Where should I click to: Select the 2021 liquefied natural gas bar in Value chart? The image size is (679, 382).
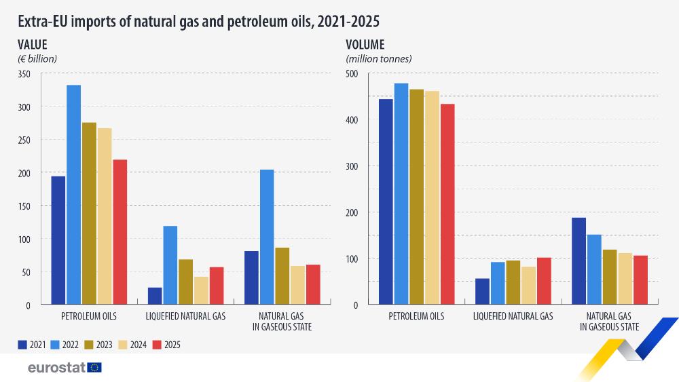tap(155, 296)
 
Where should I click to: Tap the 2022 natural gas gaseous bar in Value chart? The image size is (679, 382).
tap(267, 237)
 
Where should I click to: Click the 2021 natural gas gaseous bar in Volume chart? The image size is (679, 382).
tap(579, 261)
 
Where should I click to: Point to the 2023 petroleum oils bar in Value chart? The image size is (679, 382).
tap(90, 213)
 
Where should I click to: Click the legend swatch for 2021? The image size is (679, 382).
tap(22, 345)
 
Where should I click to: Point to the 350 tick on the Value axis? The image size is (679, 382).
tap(24, 74)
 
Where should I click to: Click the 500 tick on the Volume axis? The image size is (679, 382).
tap(351, 74)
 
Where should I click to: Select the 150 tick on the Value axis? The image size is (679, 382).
tap(24, 206)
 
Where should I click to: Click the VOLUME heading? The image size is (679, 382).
tap(365, 45)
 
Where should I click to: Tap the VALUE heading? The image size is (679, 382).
tap(32, 45)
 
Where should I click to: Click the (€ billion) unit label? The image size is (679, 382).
tap(37, 59)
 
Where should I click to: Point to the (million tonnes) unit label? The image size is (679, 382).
tap(379, 59)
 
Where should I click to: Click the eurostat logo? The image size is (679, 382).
tap(65, 367)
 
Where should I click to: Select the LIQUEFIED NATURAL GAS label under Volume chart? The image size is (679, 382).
tap(513, 316)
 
